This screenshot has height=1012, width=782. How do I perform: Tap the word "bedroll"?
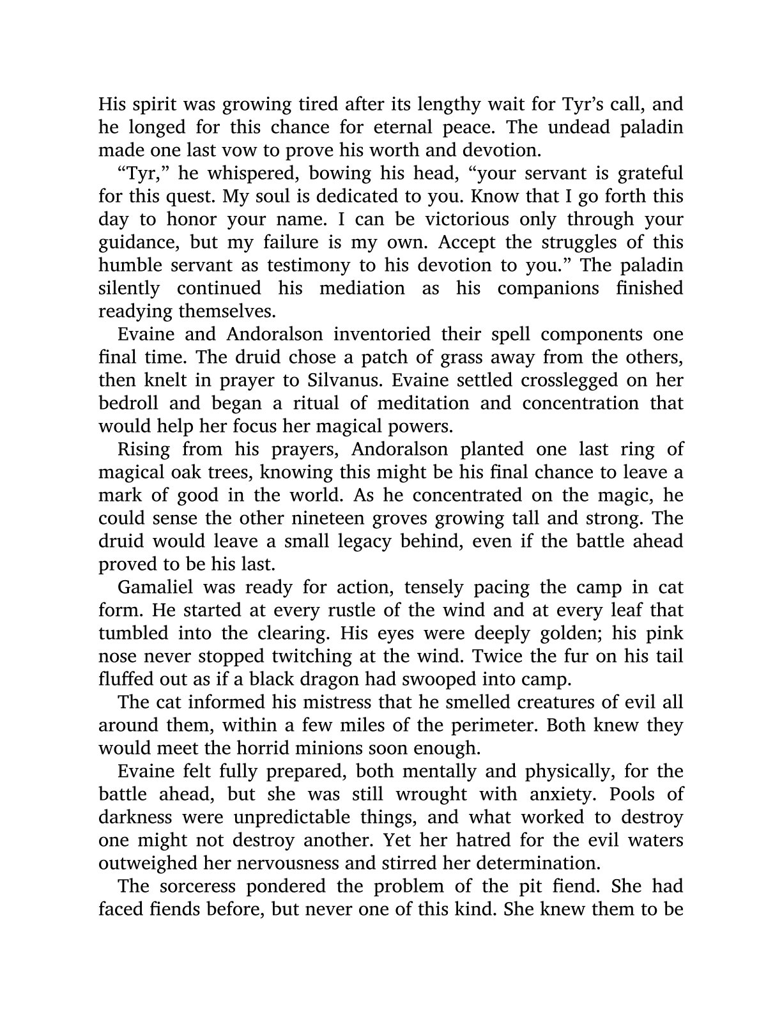coord(131,403)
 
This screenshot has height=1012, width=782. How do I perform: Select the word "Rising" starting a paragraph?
coord(144,449)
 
